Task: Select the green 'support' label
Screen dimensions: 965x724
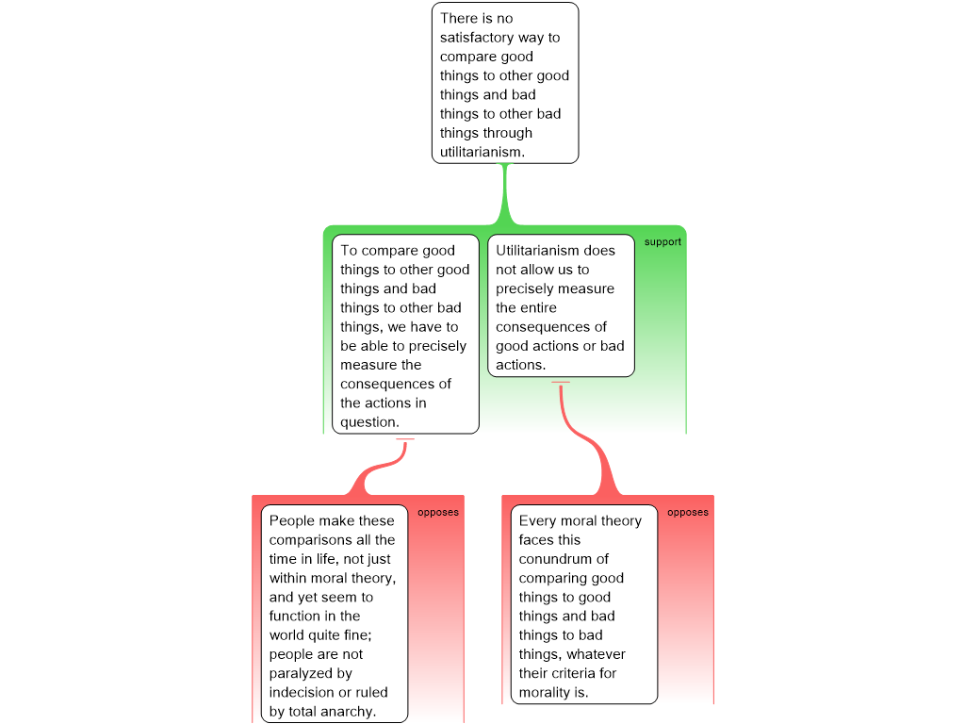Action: point(662,242)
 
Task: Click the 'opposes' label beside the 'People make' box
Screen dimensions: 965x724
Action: point(437,512)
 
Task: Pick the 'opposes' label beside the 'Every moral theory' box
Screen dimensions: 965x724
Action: point(687,512)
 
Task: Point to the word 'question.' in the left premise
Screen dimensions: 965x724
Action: point(369,422)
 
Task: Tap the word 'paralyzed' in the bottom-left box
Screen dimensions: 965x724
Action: point(303,673)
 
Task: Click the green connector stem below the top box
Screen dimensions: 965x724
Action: point(505,194)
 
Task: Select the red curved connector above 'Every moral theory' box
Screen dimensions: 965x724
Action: point(588,438)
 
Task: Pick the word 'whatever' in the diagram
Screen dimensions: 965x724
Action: point(597,654)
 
